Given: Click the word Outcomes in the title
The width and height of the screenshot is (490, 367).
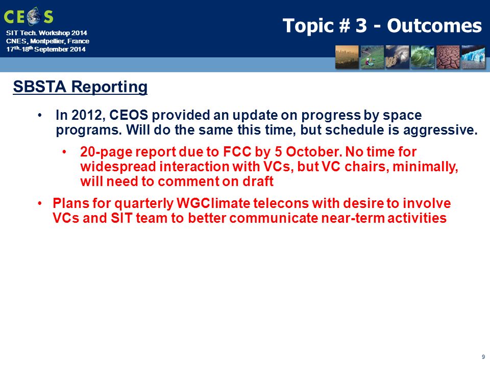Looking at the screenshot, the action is tap(434, 25).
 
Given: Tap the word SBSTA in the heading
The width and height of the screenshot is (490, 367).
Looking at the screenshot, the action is tap(40, 87).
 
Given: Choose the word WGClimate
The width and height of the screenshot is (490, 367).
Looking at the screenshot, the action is tap(213, 203).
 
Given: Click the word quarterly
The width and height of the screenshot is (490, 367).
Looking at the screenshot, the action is tap(144, 204).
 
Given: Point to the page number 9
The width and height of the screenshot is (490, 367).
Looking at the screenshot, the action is tap(483, 357).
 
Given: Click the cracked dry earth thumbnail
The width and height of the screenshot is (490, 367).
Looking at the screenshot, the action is tap(448, 57).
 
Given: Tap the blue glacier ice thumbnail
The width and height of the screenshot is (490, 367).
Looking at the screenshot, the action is tap(473, 57).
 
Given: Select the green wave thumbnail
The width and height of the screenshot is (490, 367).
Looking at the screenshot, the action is tap(423, 57).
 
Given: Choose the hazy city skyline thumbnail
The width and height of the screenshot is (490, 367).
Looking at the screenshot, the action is tap(347, 57).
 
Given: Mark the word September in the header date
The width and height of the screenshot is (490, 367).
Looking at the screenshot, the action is tap(52, 49).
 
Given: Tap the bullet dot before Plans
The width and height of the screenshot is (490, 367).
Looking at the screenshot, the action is tap(40, 203).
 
